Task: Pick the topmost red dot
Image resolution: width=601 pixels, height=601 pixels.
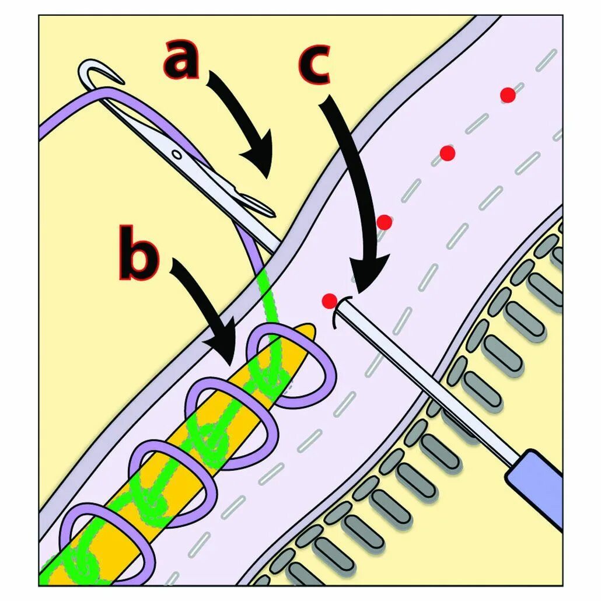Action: (508, 95)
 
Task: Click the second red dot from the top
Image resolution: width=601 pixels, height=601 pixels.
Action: (448, 153)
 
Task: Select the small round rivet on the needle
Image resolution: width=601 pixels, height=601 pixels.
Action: (176, 153)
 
